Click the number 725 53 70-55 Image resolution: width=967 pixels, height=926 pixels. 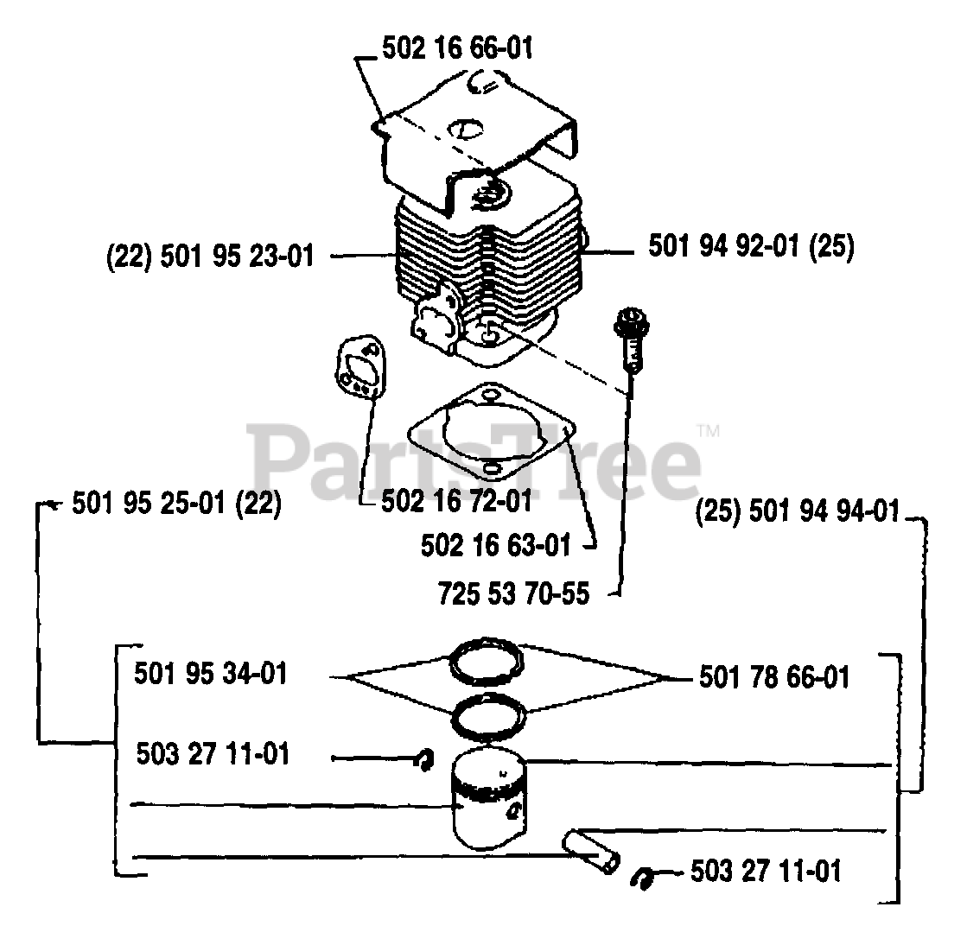coord(513,594)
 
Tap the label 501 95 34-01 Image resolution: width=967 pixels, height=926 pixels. coord(211,673)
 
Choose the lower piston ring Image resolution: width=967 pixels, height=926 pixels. coord(490,716)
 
